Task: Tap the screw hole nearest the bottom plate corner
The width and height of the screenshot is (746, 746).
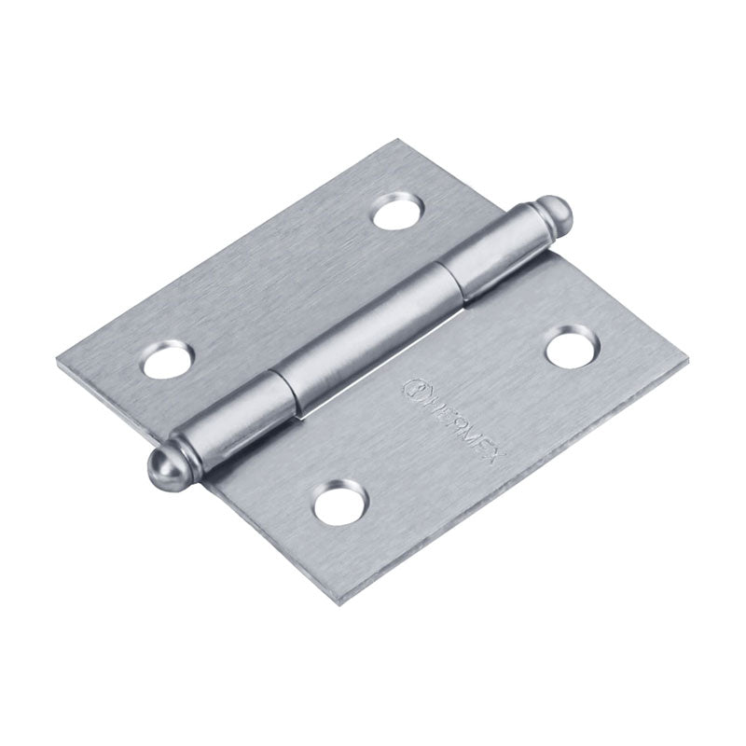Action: pos(336,504)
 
